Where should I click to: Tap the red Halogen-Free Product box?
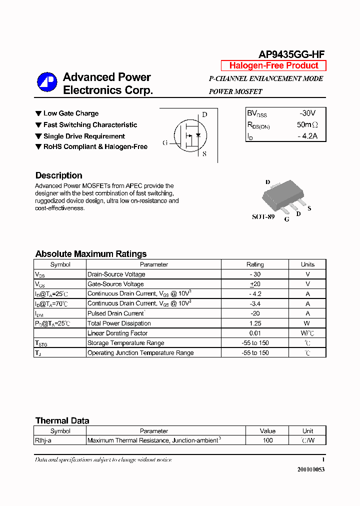coord(273,65)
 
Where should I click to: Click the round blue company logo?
coord(47,82)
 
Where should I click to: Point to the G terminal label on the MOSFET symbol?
coord(165,143)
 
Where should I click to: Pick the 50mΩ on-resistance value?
coord(307,124)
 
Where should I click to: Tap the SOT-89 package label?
coord(263,217)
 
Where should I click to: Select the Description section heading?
coord(58,175)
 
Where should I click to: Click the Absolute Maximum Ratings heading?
coord(91,253)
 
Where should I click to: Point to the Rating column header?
coord(255,264)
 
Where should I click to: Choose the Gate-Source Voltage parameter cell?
coord(115,284)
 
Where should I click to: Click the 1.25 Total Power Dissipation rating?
coord(255,323)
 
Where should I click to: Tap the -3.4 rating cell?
coord(255,303)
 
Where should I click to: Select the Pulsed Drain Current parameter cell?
coord(115,313)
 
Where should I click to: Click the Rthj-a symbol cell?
coord(44,440)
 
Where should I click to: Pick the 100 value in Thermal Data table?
coord(267,440)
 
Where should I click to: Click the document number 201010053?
coord(310,469)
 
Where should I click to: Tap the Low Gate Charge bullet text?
coord(70,113)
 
